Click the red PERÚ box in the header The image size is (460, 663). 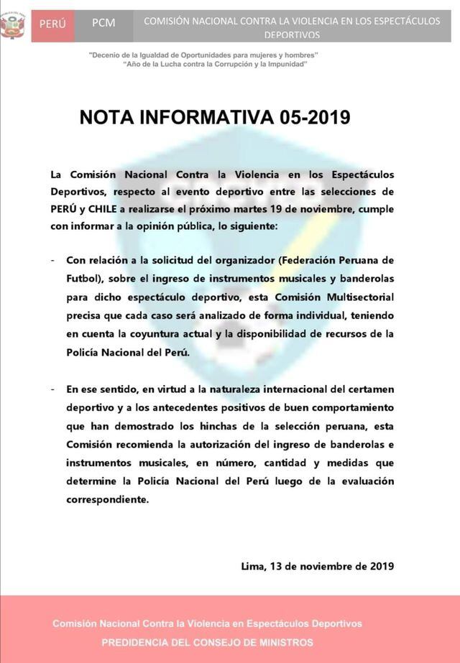point(52,23)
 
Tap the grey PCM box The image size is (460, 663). point(103,23)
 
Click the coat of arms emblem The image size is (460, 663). point(12,26)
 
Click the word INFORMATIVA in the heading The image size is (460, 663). point(203,118)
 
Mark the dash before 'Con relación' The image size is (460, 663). point(53,259)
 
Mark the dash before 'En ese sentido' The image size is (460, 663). point(53,389)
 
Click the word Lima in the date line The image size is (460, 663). point(254,566)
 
